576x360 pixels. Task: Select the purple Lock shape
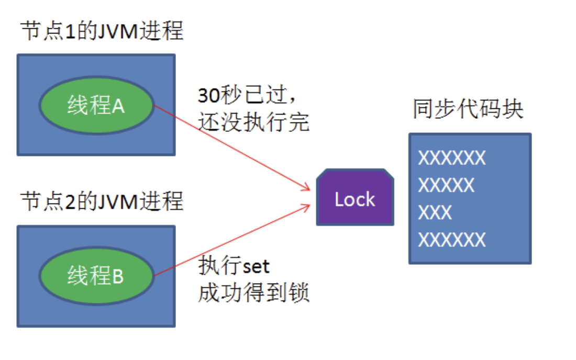(355, 197)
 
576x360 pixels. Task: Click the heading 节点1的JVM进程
(102, 31)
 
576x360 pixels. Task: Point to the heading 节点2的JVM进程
(102, 201)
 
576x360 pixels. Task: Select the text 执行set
(234, 267)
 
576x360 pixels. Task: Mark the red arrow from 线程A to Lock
(230, 147)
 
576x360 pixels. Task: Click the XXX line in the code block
(435, 212)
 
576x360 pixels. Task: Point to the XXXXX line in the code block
(446, 185)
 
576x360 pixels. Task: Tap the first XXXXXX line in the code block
(452, 158)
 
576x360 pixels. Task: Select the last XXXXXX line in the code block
(452, 240)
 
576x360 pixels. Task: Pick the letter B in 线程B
(117, 277)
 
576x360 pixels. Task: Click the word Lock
(355, 199)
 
